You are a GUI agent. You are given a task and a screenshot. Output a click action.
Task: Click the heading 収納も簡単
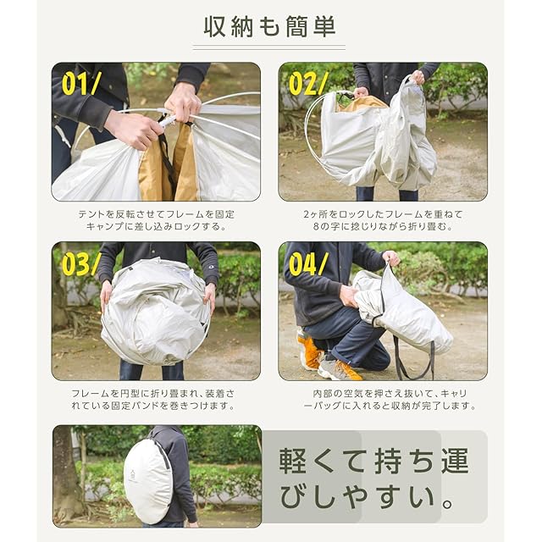pyautogui.click(x=269, y=27)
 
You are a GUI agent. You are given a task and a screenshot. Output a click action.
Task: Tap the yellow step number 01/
pyautogui.click(x=81, y=84)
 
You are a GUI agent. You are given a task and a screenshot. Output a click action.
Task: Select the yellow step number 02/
pyautogui.click(x=308, y=84)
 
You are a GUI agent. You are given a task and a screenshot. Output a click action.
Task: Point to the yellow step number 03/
pyautogui.click(x=81, y=264)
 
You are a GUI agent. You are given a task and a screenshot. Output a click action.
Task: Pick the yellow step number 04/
pyautogui.click(x=308, y=264)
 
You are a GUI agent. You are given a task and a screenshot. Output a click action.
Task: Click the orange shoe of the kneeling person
pyautogui.click(x=309, y=349)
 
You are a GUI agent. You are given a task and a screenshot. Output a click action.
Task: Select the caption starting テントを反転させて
pyautogui.click(x=156, y=220)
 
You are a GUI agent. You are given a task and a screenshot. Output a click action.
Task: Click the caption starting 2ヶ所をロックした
pyautogui.click(x=383, y=220)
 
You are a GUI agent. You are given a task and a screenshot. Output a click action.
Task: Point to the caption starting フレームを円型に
pyautogui.click(x=152, y=400)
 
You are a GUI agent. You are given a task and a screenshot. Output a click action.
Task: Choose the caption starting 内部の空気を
pyautogui.click(x=390, y=400)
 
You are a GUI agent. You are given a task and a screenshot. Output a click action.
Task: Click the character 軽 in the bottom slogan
pyautogui.click(x=292, y=461)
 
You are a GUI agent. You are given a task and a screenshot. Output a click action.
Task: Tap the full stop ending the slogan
pyautogui.click(x=447, y=504)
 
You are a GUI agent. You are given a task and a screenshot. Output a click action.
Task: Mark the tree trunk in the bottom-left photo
pyautogui.click(x=65, y=477)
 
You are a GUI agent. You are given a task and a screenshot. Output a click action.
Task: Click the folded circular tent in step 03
pyautogui.click(x=156, y=312)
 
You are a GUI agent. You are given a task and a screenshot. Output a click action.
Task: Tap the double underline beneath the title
pyautogui.click(x=269, y=47)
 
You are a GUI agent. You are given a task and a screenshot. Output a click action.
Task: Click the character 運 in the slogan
pyautogui.click(x=455, y=461)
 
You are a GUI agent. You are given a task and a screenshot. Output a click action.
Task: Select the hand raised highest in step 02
pyautogui.click(x=418, y=77)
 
